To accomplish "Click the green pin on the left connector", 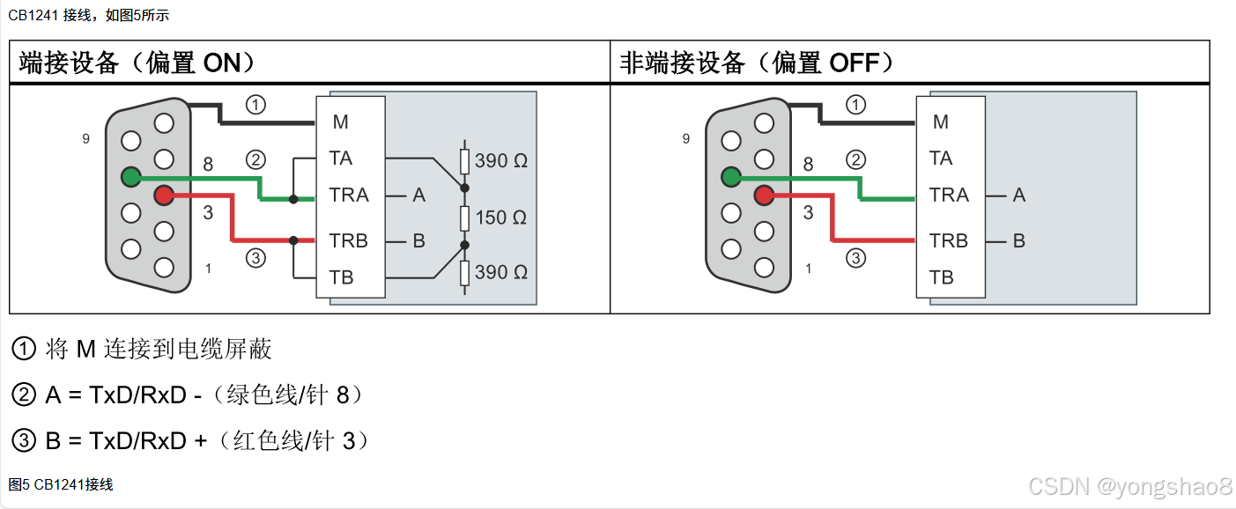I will point(131,177).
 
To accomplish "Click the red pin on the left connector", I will point(163,195).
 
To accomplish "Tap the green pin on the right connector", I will point(731,177).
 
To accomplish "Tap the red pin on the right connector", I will point(764,195).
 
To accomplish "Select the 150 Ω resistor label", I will point(500,218).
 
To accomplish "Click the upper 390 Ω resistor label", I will point(500,161).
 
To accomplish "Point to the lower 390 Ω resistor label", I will point(500,273).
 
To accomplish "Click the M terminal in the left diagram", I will point(340,122).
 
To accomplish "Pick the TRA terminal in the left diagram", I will point(349,195).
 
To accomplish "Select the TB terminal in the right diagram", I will point(941,277).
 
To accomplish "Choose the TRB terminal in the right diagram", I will point(949,240).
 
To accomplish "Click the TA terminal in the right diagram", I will point(941,159).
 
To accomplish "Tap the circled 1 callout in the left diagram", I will point(255,106).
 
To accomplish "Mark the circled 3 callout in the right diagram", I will point(855,258).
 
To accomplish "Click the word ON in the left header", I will point(221,63).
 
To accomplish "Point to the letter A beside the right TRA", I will point(1019,195).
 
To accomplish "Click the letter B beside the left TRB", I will point(418,240).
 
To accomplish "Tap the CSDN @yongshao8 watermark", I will point(1129,486).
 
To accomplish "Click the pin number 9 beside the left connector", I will point(85,139).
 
